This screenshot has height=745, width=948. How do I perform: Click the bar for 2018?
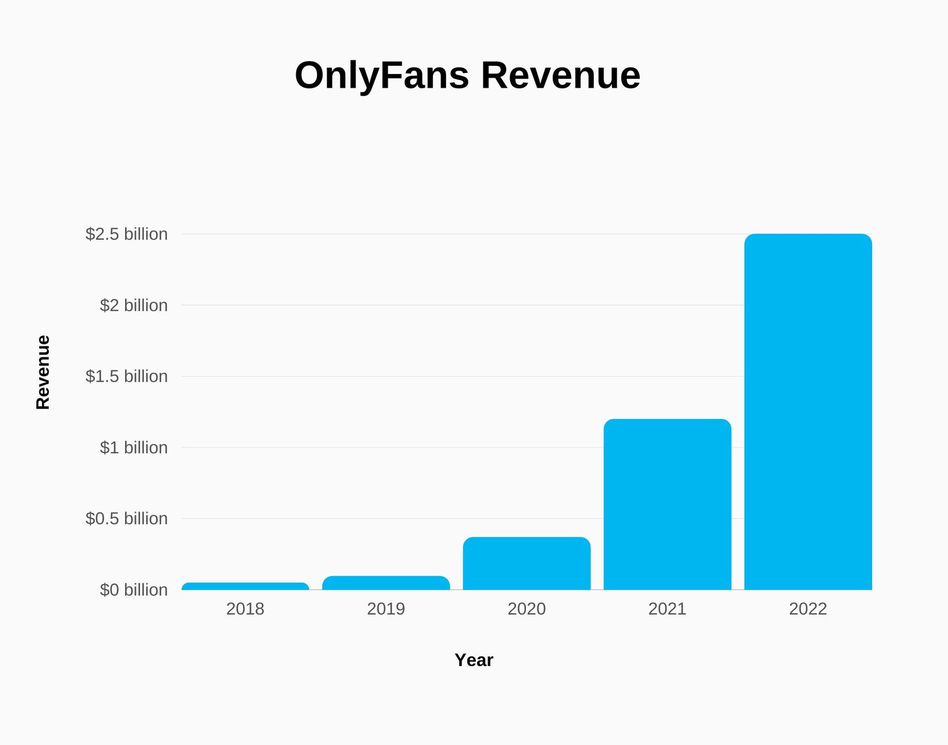[245, 586]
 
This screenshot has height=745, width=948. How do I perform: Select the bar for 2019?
[386, 583]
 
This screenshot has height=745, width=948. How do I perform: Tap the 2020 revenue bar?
[527, 564]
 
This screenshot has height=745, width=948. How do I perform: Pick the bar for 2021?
[667, 504]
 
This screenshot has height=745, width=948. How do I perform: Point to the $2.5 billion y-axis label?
[127, 234]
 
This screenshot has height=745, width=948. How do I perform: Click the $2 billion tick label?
[133, 305]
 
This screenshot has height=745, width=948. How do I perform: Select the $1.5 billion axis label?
[127, 376]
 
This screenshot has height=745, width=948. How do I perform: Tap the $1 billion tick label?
[133, 447]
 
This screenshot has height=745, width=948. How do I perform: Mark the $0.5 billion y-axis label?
[127, 519]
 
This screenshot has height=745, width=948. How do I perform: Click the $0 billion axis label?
[133, 590]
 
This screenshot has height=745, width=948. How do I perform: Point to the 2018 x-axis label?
[245, 609]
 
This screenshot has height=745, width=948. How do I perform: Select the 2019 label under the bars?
[386, 609]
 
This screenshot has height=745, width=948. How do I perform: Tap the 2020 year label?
[527, 609]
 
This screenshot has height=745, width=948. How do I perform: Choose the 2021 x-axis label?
[667, 609]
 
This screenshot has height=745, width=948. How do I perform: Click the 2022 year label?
[808, 609]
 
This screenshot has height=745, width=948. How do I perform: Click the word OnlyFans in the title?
[382, 76]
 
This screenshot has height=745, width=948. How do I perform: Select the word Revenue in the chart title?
[561, 76]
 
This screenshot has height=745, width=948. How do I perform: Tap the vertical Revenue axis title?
[43, 372]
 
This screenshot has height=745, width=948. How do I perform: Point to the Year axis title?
[474, 660]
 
